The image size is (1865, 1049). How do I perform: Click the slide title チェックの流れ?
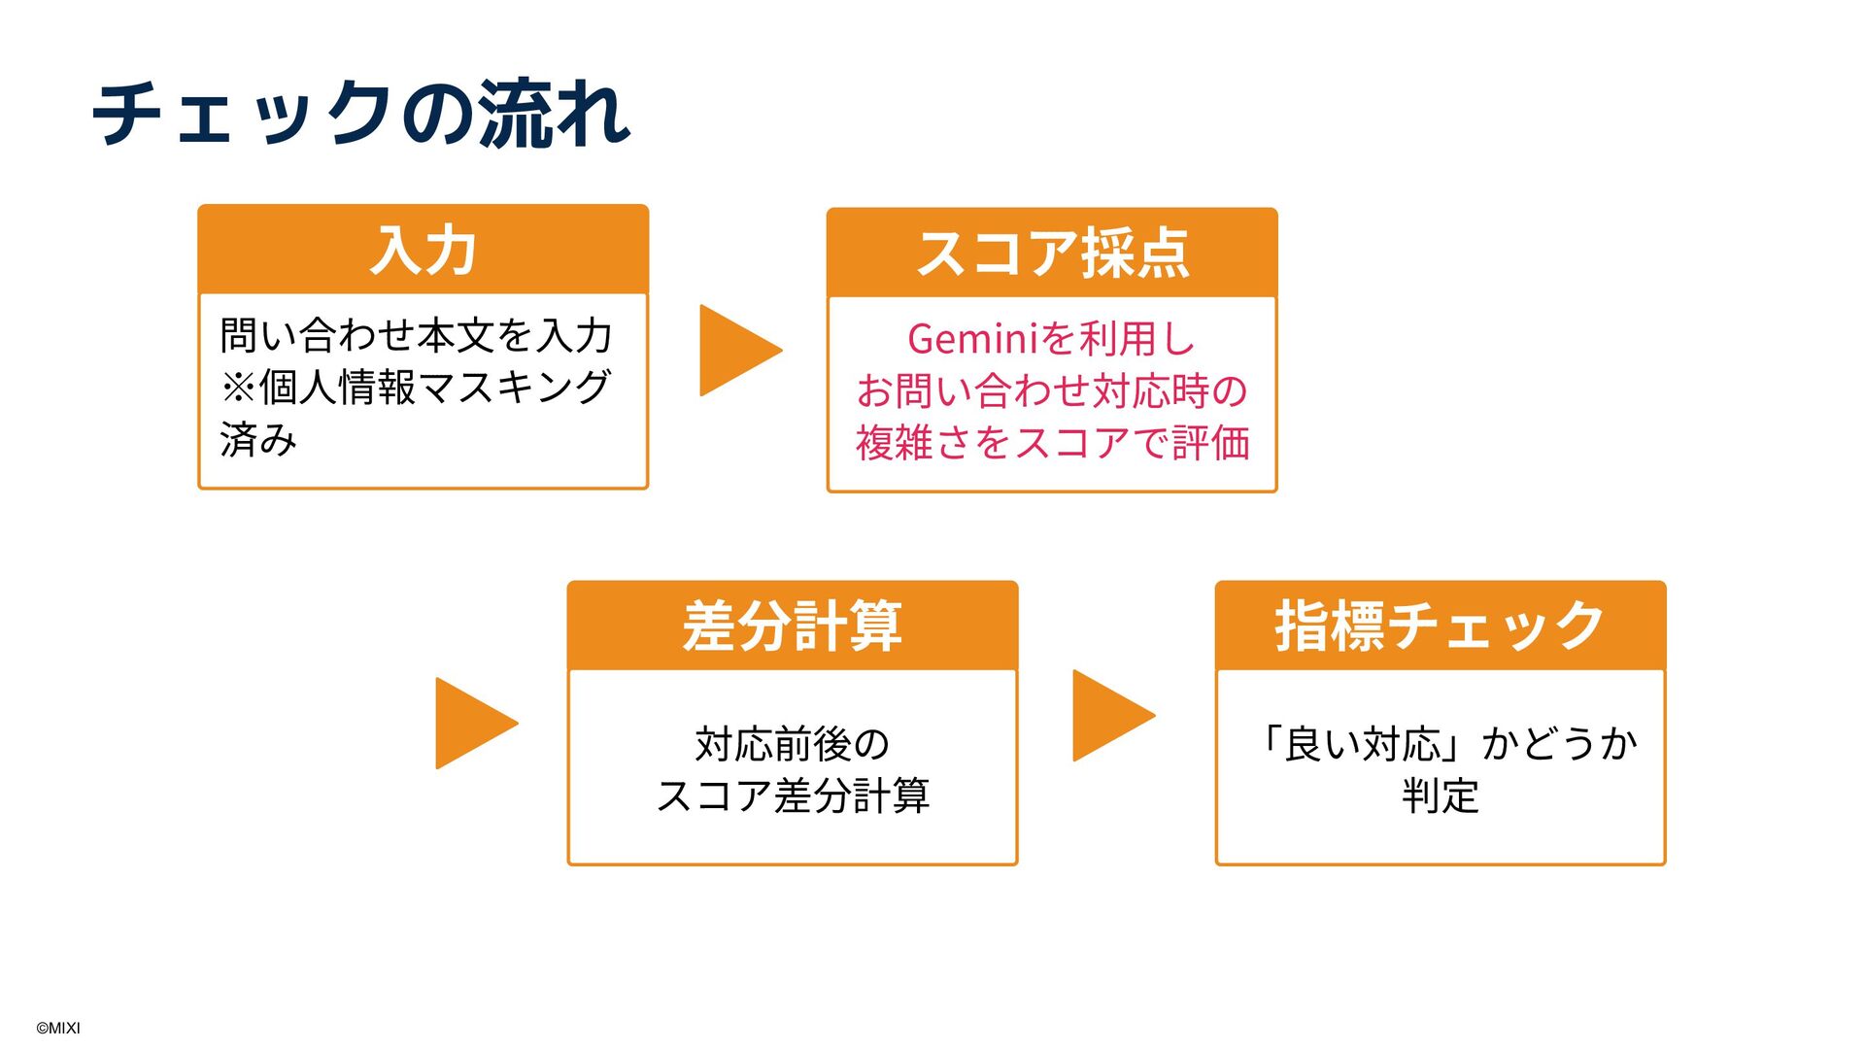pos(361,115)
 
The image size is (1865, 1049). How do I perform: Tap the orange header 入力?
pos(423,250)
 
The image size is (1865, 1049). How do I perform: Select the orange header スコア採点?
pos(1052,254)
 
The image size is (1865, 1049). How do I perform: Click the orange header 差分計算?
pos(792,626)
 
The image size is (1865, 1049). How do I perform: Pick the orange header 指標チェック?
pos(1440,626)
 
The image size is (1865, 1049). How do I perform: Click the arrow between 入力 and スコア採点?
pos(736,351)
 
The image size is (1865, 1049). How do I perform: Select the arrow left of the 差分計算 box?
pos(473,724)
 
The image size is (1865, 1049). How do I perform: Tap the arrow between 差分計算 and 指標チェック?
pos(1110,716)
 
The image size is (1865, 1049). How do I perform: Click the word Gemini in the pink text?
pos(972,339)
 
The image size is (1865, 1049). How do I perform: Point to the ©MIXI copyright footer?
pos(58,1028)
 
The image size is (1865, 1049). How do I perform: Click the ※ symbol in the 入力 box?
pos(238,388)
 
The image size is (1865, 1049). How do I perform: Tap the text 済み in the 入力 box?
pos(258,439)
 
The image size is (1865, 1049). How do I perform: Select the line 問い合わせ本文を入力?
pos(416,336)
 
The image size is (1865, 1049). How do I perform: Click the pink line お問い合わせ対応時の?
pos(1052,391)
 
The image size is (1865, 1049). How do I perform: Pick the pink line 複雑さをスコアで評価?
pos(1052,443)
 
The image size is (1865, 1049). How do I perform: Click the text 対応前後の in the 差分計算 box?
pos(792,745)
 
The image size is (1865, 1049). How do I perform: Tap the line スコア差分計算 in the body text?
pos(792,796)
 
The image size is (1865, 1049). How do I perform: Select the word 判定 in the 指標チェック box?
pos(1440,796)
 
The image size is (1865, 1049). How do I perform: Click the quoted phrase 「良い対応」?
pos(1365,745)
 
